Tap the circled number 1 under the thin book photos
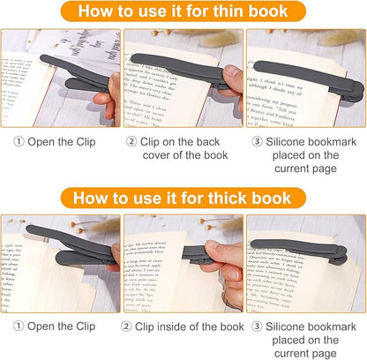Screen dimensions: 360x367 click(18, 140)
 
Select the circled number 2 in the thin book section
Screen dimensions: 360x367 click(131, 140)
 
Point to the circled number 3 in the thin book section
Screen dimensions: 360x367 click(257, 140)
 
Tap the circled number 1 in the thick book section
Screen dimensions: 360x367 click(18, 326)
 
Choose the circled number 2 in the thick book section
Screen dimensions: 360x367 click(130, 326)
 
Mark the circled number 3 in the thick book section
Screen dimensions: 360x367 click(257, 326)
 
